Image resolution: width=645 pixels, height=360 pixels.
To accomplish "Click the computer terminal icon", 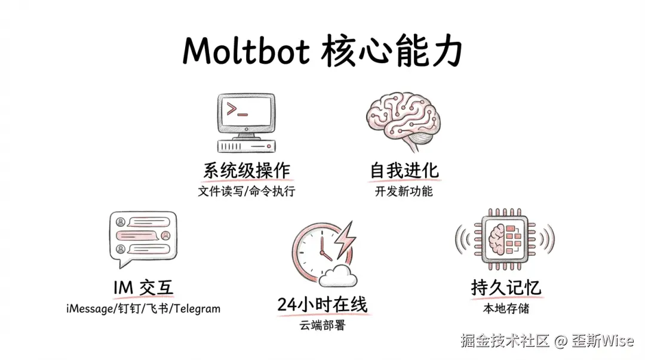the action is pos(245,122).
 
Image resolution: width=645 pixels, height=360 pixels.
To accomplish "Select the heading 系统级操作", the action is pos(247,171).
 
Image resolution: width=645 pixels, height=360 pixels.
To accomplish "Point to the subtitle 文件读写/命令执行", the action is pos(247,192).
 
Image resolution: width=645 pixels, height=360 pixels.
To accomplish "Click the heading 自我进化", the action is pos(404,171).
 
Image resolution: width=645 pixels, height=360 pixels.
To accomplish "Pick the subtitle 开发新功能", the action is pos(404,192).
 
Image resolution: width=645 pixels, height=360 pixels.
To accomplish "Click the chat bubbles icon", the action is pos(143,239).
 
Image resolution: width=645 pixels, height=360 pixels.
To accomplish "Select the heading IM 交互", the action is pos(143,288).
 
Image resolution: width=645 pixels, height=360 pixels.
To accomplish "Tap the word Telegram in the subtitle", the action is pos(196,309).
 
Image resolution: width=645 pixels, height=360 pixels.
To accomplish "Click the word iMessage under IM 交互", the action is pos(90,309).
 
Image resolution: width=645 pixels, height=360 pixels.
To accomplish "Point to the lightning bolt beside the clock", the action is pos(345,239).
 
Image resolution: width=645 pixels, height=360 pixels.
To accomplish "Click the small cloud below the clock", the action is pos(338,275).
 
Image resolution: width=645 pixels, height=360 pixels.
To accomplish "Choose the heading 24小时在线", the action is pos(322,304).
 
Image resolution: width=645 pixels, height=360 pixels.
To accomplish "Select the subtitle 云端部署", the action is pos(322,326).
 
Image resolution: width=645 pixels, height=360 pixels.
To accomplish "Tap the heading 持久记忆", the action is pos(505,288).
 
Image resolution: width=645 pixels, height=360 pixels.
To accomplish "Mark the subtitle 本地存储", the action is pos(506,309).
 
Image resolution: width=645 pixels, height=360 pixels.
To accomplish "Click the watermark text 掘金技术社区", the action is pos(504,341).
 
